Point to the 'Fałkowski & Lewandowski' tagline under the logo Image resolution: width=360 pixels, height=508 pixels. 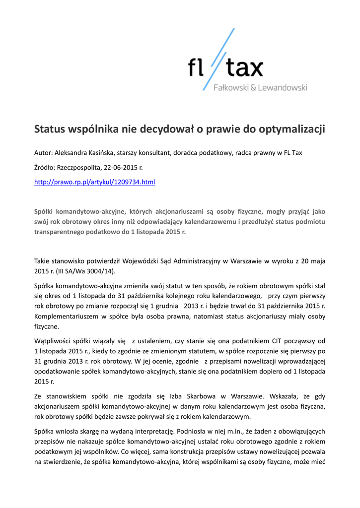[x=260, y=88]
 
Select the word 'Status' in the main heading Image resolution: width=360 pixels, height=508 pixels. [x=50, y=130]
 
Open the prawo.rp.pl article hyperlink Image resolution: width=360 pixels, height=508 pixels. [x=94, y=183]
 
